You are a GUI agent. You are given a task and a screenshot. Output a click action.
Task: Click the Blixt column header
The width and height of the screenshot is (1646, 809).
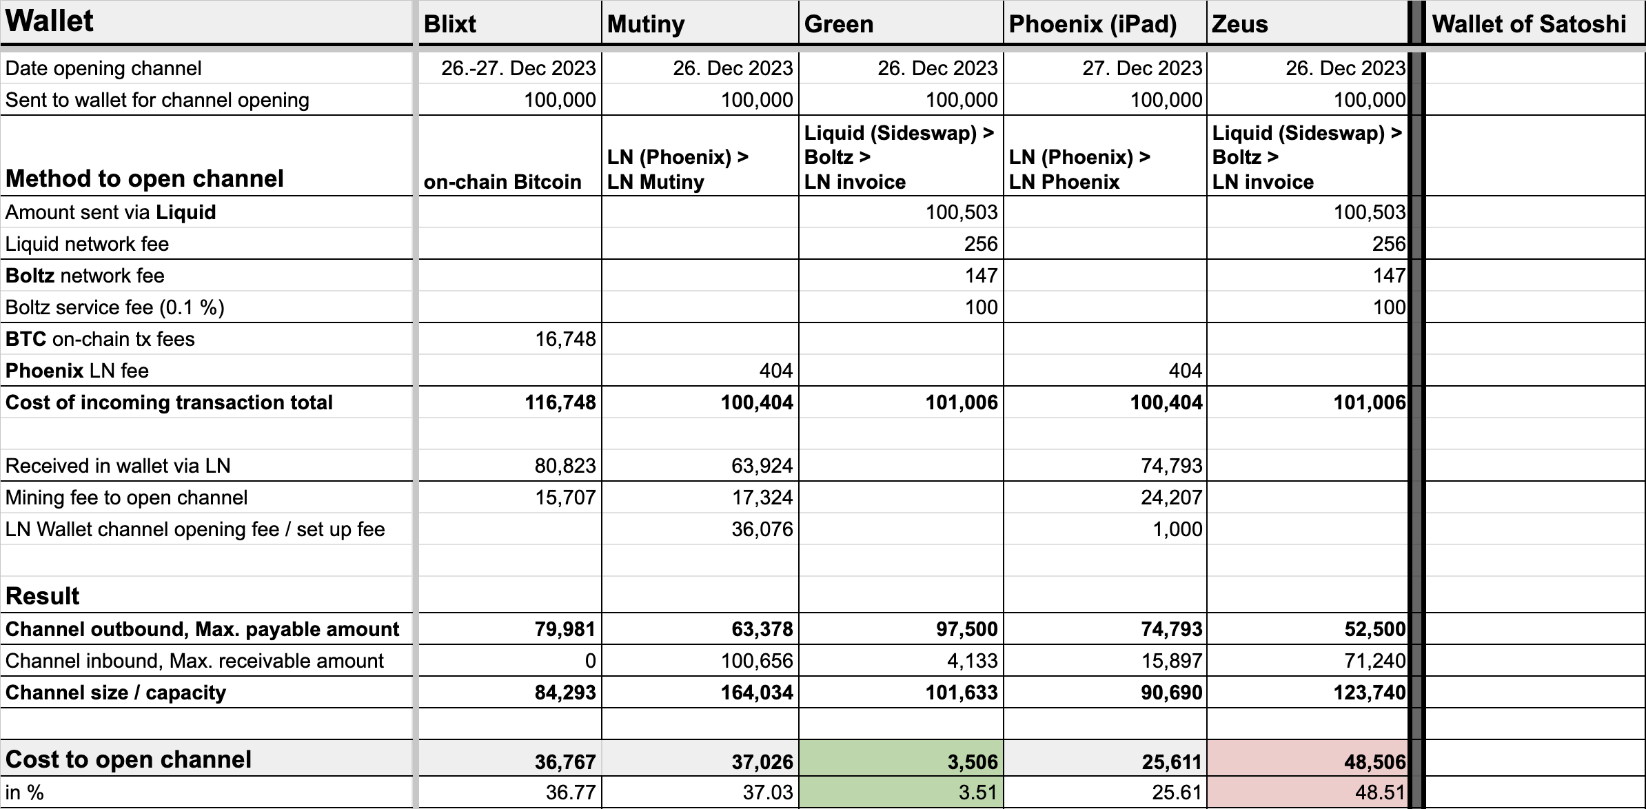coord(450,24)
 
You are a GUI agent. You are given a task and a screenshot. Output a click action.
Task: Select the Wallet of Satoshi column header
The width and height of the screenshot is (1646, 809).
coord(1529,24)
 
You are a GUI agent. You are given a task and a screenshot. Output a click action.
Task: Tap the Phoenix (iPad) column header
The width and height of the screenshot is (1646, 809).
coord(1093,24)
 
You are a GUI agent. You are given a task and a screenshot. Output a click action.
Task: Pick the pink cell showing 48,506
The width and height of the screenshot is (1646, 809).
coord(1374,761)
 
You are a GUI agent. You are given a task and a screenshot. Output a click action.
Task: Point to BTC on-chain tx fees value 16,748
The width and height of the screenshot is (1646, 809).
coord(565,339)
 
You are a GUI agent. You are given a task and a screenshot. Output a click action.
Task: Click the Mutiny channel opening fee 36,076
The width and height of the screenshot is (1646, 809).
coord(762,529)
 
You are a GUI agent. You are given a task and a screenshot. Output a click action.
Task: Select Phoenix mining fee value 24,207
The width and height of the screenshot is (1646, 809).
coord(1171,498)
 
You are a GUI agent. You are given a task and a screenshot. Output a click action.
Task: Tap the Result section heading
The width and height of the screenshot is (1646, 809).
coord(43,595)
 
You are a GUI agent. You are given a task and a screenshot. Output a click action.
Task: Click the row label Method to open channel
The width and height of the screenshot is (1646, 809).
coord(145,178)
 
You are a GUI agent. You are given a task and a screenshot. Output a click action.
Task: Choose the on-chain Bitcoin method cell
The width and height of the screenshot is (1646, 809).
coord(502,182)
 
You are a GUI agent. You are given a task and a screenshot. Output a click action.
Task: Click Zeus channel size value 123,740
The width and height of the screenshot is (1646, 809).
coord(1370,693)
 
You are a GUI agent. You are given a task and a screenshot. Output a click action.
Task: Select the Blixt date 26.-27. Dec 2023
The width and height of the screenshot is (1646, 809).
coord(518,68)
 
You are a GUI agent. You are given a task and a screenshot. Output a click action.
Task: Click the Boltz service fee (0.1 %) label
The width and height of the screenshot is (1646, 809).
coord(115,307)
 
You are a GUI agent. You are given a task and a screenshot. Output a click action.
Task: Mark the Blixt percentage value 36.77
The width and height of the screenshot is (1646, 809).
coord(571,792)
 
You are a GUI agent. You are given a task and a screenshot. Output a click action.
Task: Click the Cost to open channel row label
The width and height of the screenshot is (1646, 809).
coord(129,759)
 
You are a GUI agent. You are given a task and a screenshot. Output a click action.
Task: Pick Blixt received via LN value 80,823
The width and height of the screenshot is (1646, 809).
coord(565,466)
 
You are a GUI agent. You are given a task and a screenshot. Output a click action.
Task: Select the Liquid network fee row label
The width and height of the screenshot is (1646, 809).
coord(87,244)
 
